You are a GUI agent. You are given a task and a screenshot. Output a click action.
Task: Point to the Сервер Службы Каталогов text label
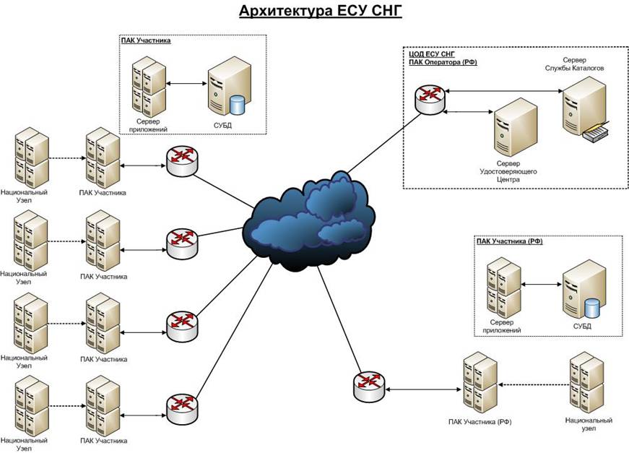pyautogui.click(x=575, y=63)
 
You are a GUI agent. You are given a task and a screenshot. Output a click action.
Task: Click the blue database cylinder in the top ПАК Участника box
pyautogui.click(x=236, y=105)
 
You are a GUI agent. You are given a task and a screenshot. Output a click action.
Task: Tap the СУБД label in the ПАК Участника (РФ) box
pyautogui.click(x=581, y=326)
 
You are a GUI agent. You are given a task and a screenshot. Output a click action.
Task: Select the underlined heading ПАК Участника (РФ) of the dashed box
pyautogui.click(x=509, y=241)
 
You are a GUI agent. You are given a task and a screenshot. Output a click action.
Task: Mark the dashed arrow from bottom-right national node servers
pyautogui.click(x=534, y=386)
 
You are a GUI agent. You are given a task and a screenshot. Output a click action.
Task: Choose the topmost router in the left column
pyautogui.click(x=181, y=162)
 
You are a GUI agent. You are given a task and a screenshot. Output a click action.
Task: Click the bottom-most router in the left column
pyautogui.click(x=181, y=410)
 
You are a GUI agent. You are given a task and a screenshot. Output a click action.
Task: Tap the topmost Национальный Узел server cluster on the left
pyautogui.click(x=31, y=158)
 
